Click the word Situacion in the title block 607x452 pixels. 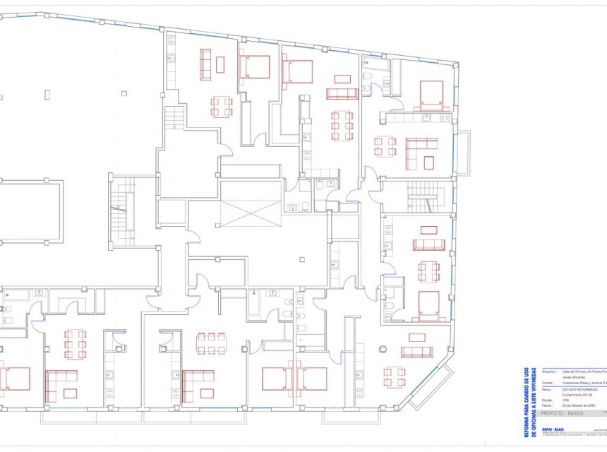pos(550,371)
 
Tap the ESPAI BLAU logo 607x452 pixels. pos(552,430)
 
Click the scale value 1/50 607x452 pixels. pos(565,400)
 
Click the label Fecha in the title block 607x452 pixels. pos(547,405)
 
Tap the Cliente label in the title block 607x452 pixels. pos(548,383)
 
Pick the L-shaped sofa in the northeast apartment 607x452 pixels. pos(422,151)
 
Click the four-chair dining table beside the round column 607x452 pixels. pos(395,376)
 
